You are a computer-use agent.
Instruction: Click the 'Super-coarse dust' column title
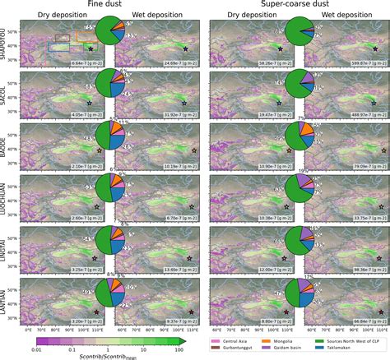[x=297, y=5]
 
